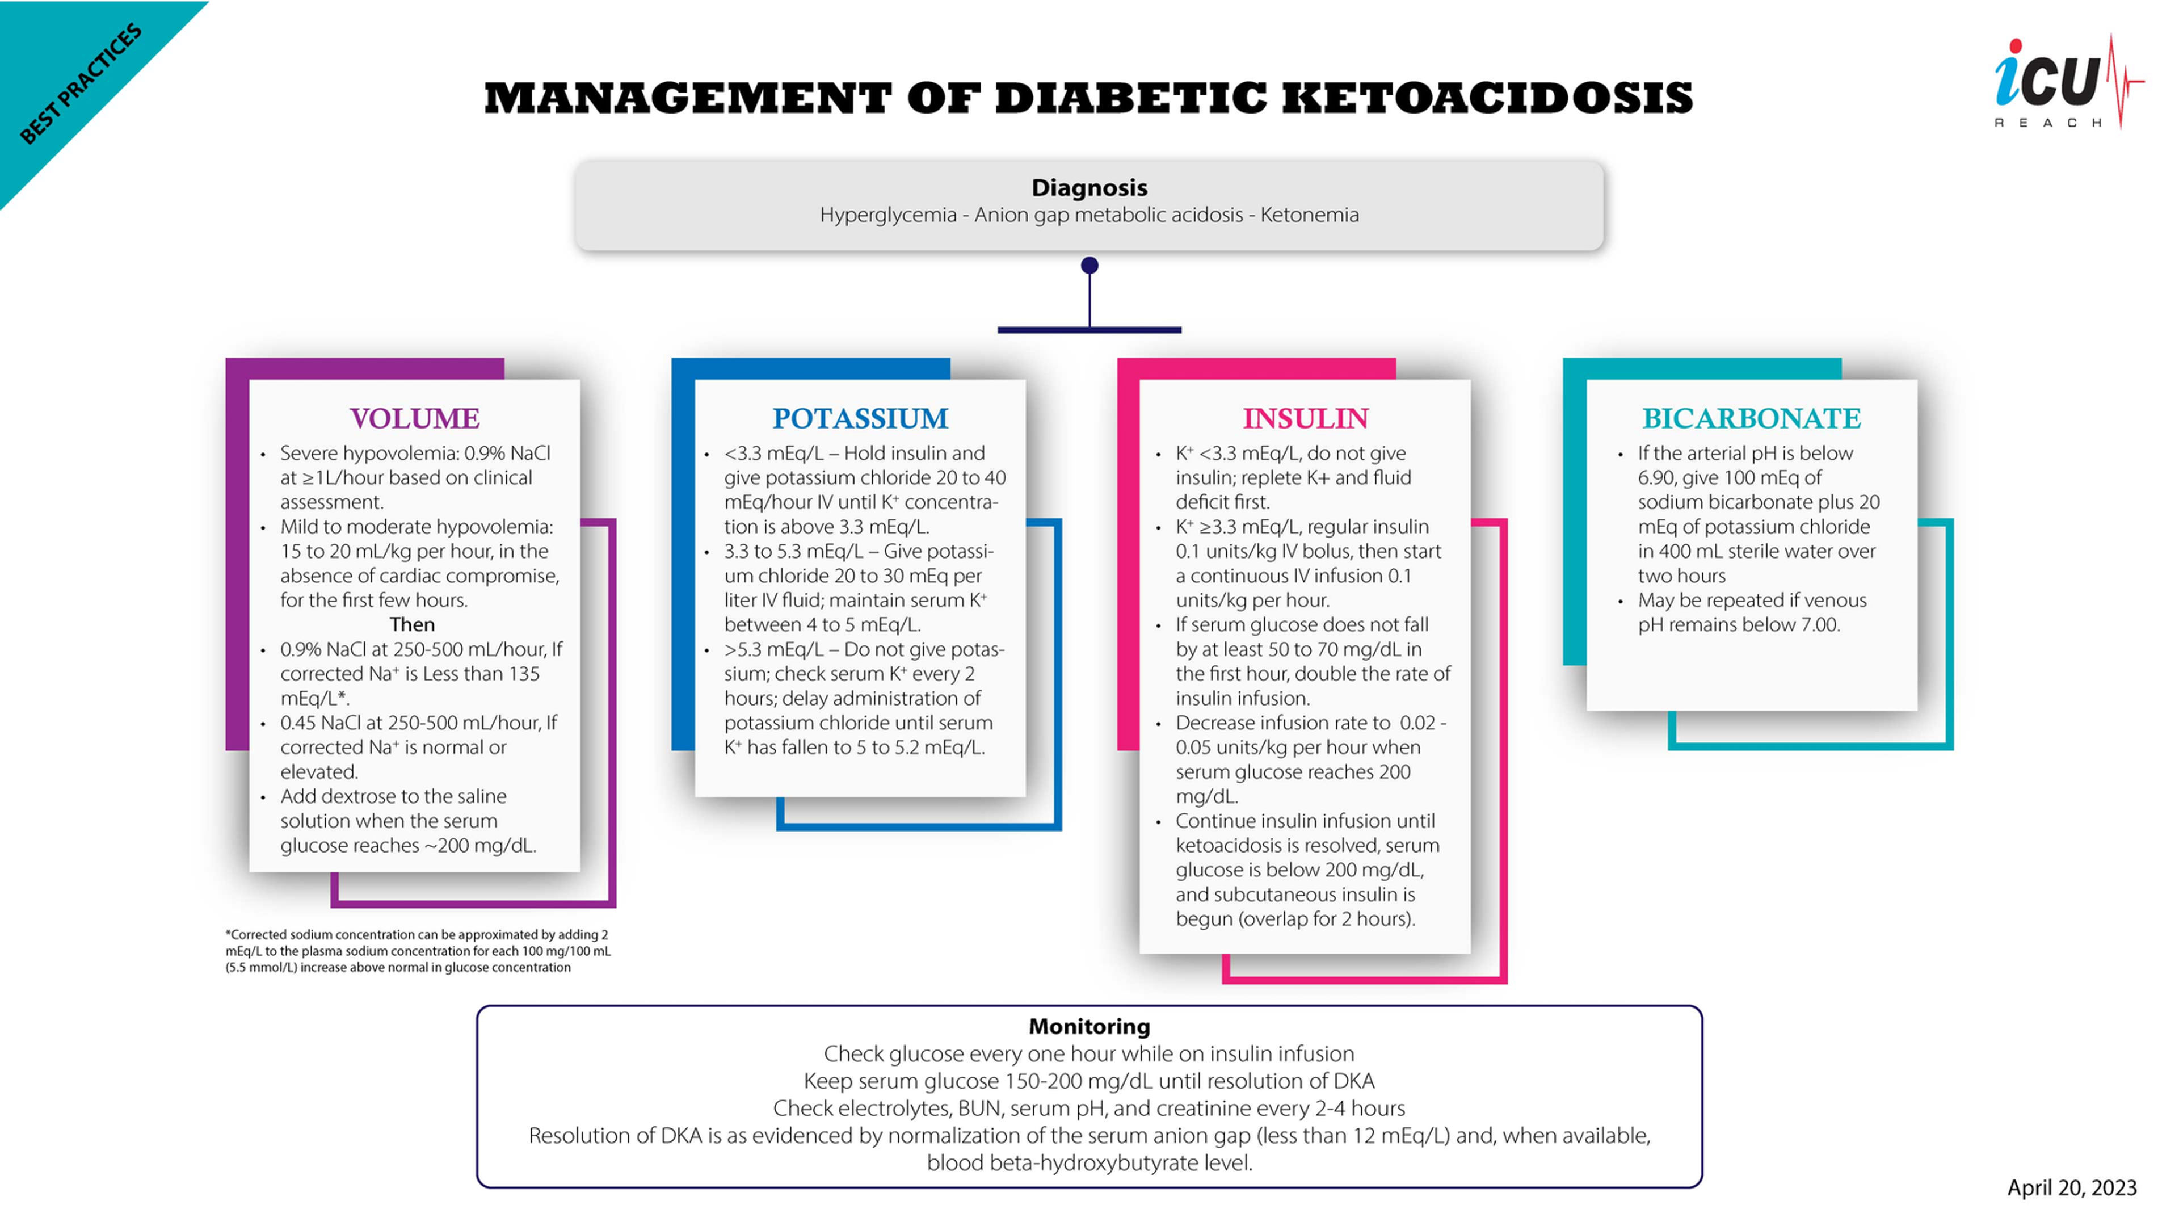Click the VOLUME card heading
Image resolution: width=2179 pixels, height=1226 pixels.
(x=414, y=418)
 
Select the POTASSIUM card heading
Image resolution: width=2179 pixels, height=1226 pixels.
(x=860, y=418)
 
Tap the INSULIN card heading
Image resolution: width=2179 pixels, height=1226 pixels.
(x=1305, y=418)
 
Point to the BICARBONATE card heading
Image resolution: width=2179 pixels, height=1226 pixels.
(x=1751, y=418)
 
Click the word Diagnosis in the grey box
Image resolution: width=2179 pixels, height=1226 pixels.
(x=1089, y=187)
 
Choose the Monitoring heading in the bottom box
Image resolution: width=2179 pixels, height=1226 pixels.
(x=1089, y=1026)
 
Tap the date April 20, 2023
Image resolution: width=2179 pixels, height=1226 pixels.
(x=2072, y=1188)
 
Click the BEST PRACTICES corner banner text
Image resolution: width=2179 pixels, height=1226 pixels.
(x=81, y=85)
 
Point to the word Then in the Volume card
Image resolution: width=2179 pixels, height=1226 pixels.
(x=412, y=624)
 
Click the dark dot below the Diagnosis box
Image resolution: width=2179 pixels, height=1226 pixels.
(x=1089, y=266)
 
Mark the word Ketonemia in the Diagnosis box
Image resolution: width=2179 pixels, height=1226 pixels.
(x=1310, y=215)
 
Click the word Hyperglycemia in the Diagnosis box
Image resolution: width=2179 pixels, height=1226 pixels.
(x=887, y=215)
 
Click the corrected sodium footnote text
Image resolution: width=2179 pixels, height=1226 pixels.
(x=418, y=951)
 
